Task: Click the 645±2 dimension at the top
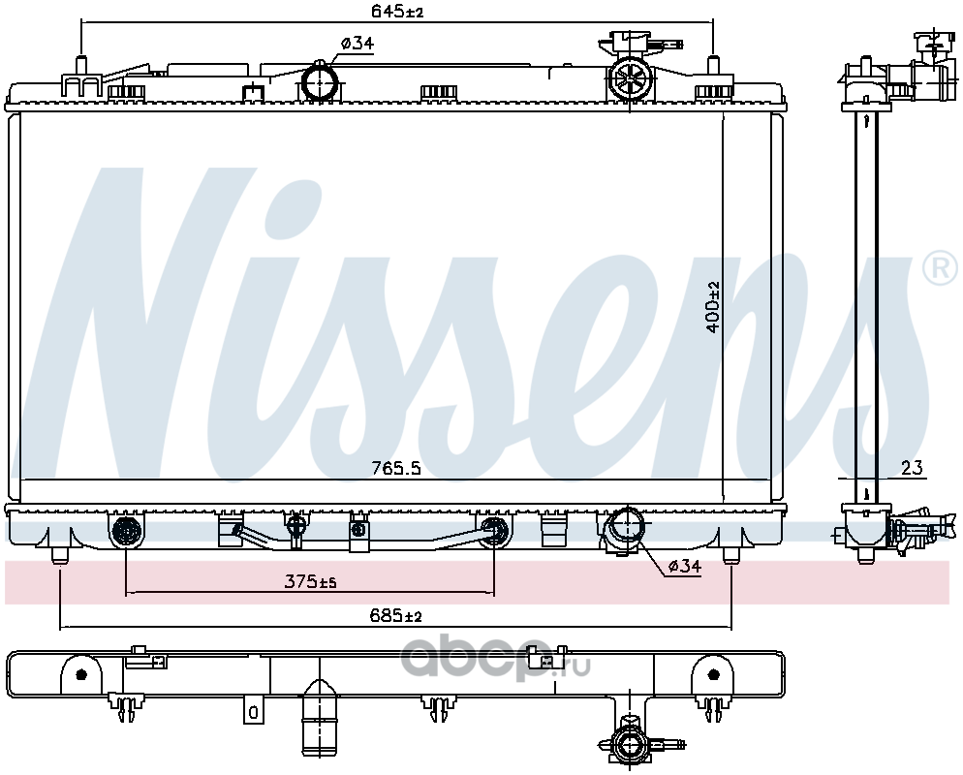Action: (397, 11)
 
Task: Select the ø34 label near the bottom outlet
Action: (684, 566)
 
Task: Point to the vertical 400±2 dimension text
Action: (713, 307)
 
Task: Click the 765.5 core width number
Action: (396, 469)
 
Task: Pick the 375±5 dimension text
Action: (310, 581)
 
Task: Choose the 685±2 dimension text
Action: (396, 615)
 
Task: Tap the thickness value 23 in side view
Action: (912, 469)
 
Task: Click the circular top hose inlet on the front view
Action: (320, 82)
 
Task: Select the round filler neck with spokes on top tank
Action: (630, 78)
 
